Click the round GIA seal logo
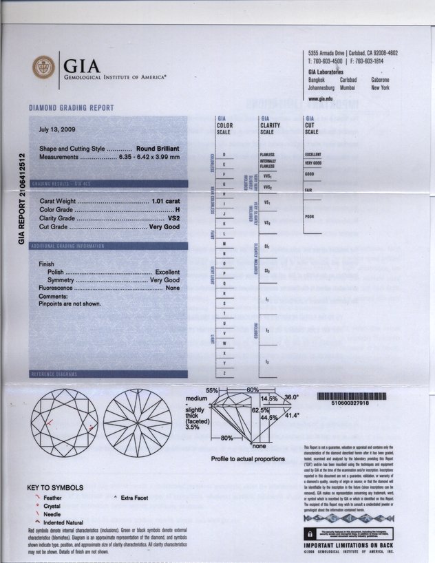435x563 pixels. [x=43, y=66]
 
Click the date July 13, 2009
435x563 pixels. [x=58, y=128]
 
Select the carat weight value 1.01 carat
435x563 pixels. [x=165, y=200]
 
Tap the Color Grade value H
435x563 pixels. [x=177, y=209]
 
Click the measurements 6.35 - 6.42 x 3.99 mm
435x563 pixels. [x=149, y=157]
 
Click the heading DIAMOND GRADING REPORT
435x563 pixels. [x=71, y=108]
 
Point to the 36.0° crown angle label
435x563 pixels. [x=293, y=397]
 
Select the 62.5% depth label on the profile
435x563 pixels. [x=261, y=410]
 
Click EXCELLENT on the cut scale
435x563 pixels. [x=312, y=154]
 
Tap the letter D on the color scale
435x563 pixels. [x=224, y=154]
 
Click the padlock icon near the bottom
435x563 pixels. [x=310, y=533]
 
